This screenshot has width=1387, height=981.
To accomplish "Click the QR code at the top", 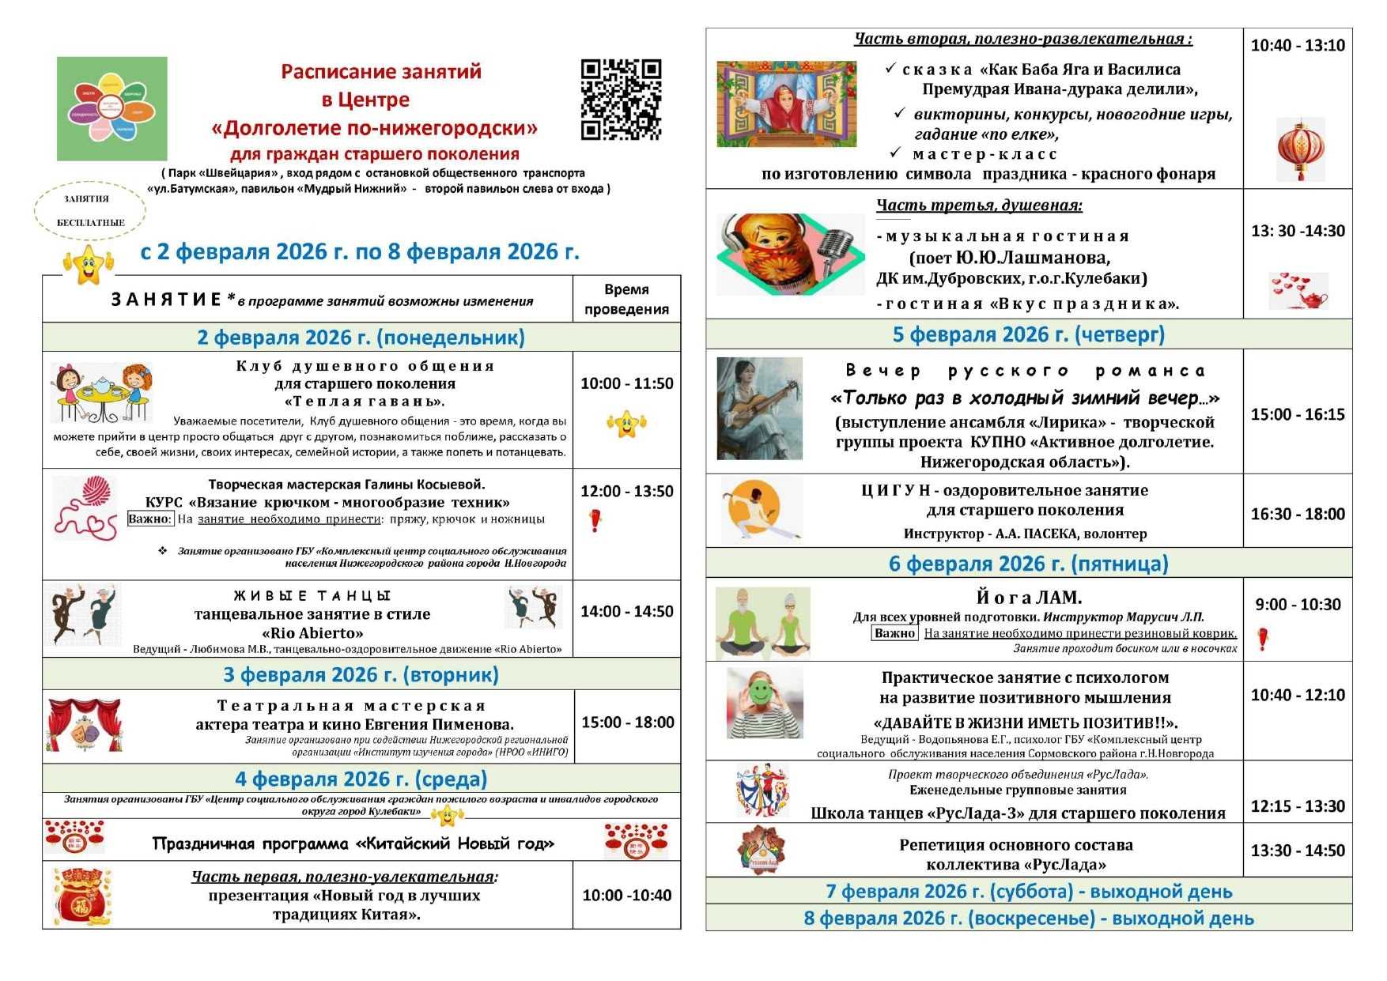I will tap(621, 100).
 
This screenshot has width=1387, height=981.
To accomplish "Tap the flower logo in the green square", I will tap(111, 109).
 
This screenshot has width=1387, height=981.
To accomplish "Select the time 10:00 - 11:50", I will tap(626, 383).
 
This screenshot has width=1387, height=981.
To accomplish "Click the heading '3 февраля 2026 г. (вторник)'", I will tap(361, 675).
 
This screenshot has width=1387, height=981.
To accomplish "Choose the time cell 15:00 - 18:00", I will tap(627, 723).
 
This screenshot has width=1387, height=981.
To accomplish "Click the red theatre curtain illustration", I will tap(85, 724).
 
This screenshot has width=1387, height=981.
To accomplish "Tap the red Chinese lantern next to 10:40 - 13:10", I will tap(1300, 149).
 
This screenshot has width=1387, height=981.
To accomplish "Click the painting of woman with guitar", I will tap(759, 409).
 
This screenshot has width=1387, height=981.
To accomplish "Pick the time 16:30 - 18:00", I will tap(1297, 514).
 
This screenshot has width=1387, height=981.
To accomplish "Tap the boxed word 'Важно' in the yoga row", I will tap(894, 633).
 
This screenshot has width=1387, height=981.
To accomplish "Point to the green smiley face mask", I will tap(761, 693).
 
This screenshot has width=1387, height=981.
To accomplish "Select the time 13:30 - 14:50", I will tap(1297, 851).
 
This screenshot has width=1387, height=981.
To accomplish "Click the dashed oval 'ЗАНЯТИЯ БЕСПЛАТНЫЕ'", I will tap(90, 211).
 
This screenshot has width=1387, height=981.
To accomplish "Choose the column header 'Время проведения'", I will tap(626, 300).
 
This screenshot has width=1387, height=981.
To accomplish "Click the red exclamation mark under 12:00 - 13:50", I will tap(595, 520).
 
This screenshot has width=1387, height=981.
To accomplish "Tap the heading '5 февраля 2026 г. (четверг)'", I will tap(1028, 335).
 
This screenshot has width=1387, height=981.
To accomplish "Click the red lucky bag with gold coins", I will tap(82, 896).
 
